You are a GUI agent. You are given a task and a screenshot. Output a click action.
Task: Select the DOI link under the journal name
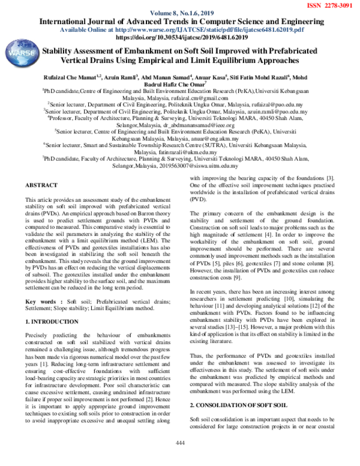[180, 37]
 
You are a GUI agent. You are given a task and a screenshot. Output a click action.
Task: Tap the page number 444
[179, 459]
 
